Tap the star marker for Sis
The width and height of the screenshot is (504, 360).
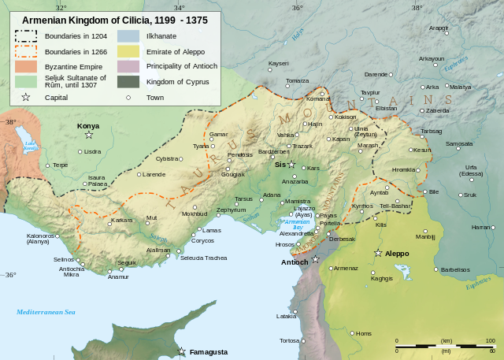point(291,165)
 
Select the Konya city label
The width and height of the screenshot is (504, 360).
point(88,126)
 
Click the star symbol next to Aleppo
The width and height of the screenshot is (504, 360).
point(378,253)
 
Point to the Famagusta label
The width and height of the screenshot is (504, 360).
point(208,352)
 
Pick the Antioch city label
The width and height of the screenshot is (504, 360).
point(294,262)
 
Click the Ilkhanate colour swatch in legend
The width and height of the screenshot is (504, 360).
point(128,36)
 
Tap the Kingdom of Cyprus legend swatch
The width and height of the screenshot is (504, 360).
point(128,81)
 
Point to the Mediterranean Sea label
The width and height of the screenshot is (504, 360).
point(46,313)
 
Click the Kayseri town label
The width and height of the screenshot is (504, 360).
point(279,63)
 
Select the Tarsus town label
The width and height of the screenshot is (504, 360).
point(244,199)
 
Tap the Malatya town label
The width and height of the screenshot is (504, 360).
point(460,87)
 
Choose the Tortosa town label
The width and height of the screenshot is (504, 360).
point(289,340)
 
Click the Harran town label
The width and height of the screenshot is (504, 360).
point(480,227)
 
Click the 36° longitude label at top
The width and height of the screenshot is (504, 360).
point(297,8)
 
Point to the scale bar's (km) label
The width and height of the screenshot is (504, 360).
point(447,340)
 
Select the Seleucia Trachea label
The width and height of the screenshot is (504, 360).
point(204,258)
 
